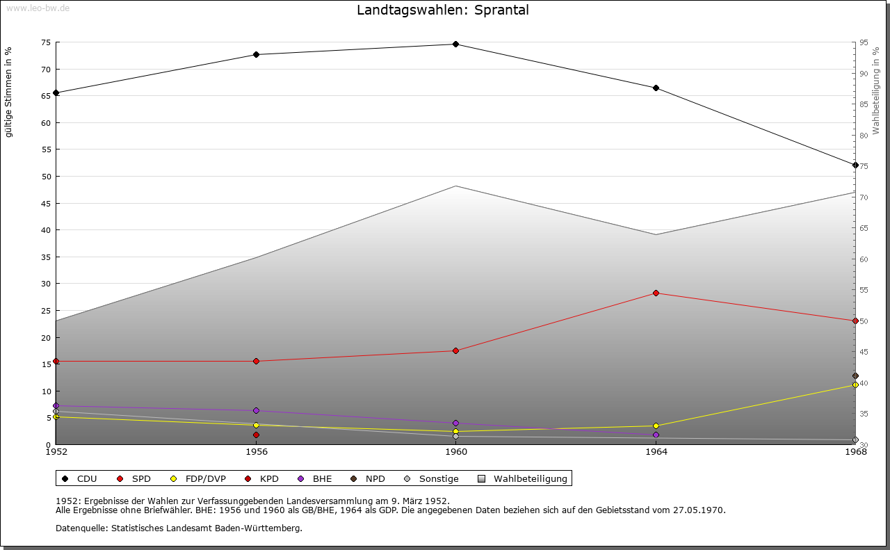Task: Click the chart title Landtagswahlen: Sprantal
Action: pyautogui.click(x=442, y=10)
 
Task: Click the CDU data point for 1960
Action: pyautogui.click(x=455, y=44)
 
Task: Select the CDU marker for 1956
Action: pyautogui.click(x=256, y=54)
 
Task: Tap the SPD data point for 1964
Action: pyautogui.click(x=656, y=293)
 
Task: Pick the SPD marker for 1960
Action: pyautogui.click(x=455, y=350)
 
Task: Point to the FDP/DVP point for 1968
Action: pyautogui.click(x=855, y=385)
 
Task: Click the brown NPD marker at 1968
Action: pyautogui.click(x=855, y=375)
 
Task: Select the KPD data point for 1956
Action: pyautogui.click(x=256, y=435)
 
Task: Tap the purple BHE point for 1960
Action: pyautogui.click(x=455, y=423)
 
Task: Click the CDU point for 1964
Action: pyautogui.click(x=656, y=88)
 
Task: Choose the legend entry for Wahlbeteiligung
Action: pyautogui.click(x=524, y=478)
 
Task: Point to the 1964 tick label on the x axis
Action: pyautogui.click(x=656, y=452)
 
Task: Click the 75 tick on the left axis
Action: pyautogui.click(x=45, y=42)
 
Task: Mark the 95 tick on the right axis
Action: pyautogui.click(x=863, y=42)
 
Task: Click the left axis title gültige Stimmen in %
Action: pyautogui.click(x=9, y=92)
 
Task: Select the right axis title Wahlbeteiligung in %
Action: pyautogui.click(x=876, y=90)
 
